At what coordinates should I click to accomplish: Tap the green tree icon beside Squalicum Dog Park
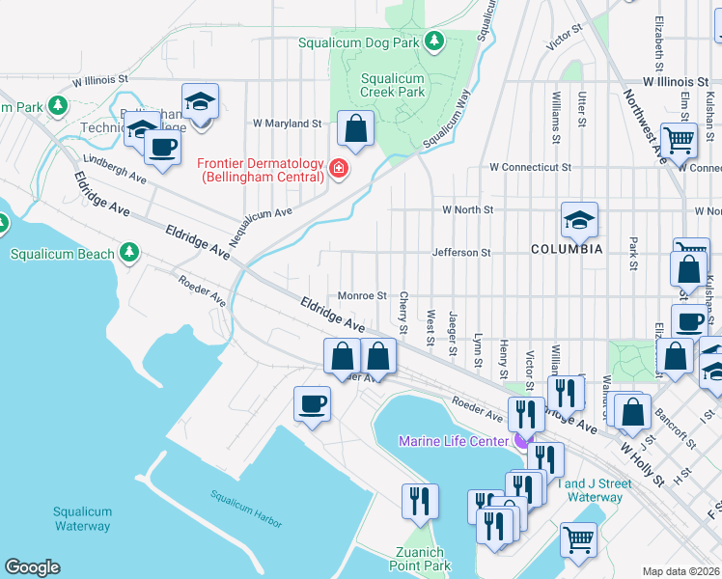coord(434,41)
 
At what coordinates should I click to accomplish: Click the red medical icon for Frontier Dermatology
coord(338,170)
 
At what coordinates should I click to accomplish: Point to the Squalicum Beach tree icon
coord(129,254)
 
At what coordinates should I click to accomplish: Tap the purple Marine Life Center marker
coord(521,442)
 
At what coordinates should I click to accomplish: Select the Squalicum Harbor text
coord(246,509)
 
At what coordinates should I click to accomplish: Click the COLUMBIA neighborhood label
coord(567,249)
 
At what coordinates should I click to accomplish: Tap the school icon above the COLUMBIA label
coord(578,221)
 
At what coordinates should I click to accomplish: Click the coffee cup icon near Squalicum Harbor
coord(312,403)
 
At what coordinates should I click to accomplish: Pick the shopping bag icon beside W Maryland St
coord(355,127)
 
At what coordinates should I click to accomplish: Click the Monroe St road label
coord(362,295)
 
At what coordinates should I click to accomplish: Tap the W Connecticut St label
coord(523,167)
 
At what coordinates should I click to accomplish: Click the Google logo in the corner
coord(32,567)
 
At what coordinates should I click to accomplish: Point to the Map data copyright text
coord(681,571)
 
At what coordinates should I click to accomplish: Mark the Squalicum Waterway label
coord(82,519)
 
